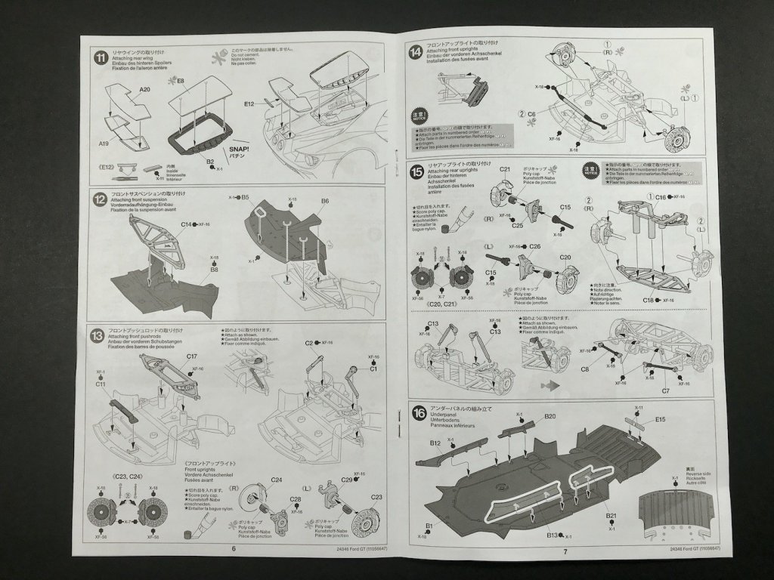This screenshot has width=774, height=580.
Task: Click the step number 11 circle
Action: click(100, 58)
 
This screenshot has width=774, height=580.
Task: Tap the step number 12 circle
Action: click(99, 200)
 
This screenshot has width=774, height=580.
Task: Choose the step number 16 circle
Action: click(417, 412)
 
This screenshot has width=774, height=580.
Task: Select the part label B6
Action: click(325, 201)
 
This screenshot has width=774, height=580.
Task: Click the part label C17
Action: click(191, 356)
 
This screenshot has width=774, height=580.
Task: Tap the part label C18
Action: click(649, 301)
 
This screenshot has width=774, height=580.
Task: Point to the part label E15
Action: click(660, 419)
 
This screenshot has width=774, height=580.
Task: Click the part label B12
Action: click(435, 443)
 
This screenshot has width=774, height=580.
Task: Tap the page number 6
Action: click(234, 549)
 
